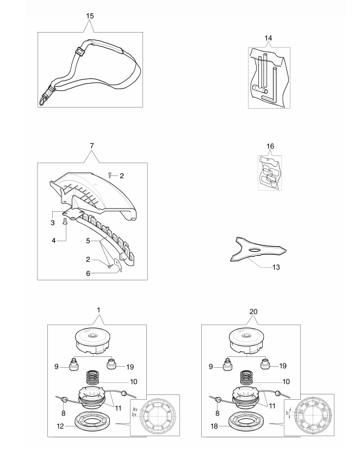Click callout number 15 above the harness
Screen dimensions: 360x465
pos(90,16)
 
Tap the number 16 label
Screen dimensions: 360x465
pos(270,146)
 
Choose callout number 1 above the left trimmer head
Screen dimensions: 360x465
pos(98,309)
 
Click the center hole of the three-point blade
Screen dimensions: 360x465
pos(255,249)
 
